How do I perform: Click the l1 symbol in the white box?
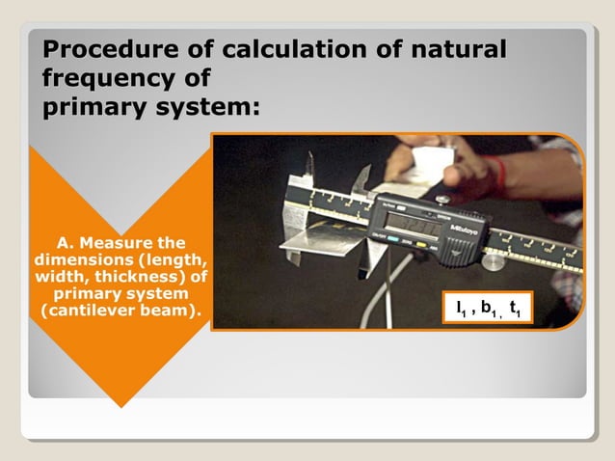pos(463,309)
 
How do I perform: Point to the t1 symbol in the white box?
pos(516,309)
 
